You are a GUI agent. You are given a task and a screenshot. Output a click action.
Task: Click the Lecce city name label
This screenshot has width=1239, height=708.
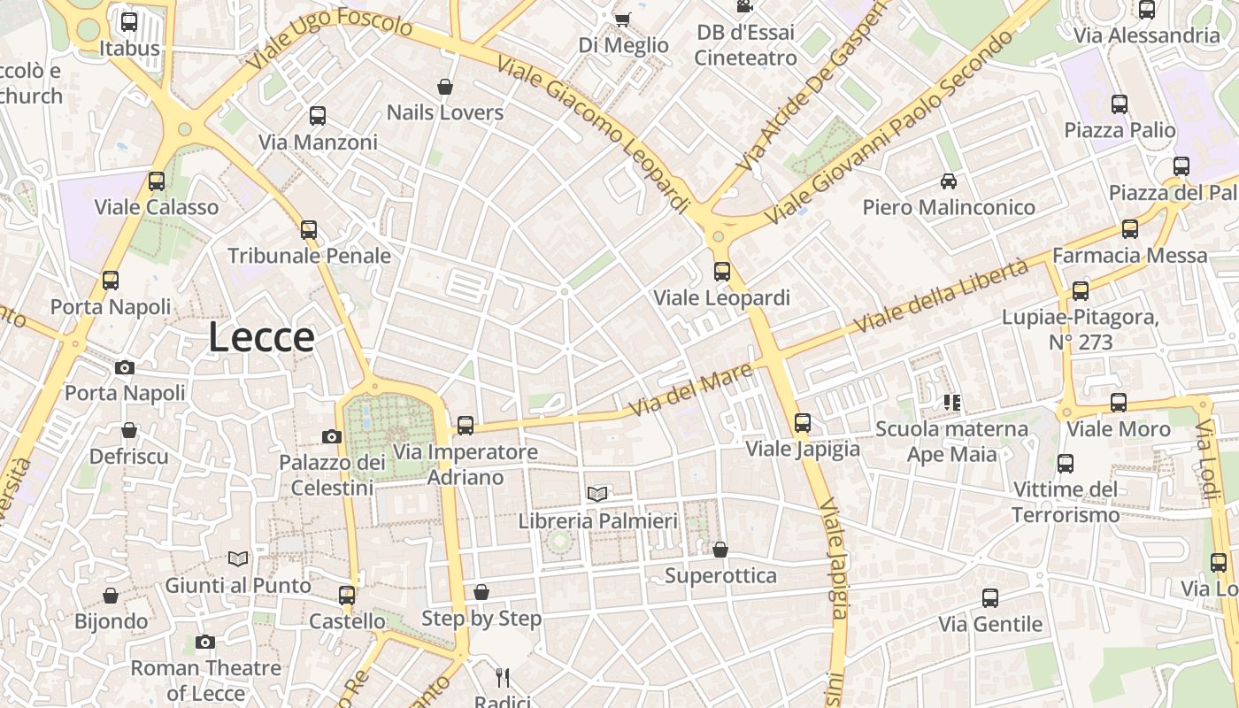[x=261, y=338]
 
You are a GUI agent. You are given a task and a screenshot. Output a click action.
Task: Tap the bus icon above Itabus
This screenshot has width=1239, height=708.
[x=129, y=22]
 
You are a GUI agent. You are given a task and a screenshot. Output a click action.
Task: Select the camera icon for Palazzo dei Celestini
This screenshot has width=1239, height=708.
[x=332, y=436]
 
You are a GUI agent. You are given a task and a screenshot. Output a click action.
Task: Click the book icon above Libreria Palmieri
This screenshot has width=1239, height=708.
[x=597, y=494]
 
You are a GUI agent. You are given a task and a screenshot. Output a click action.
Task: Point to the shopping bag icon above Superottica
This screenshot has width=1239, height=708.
[x=720, y=550]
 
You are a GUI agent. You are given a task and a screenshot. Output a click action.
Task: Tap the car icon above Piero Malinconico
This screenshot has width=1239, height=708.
[x=949, y=181]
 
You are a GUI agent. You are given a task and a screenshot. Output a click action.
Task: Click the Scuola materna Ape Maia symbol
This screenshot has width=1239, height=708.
[x=952, y=404]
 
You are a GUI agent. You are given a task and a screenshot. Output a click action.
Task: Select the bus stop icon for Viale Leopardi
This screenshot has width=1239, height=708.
[x=722, y=272]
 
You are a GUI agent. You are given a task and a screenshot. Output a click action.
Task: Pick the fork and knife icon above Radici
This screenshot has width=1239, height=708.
[x=503, y=678]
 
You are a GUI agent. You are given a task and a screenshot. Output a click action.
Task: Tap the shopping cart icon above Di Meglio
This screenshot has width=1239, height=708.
[x=623, y=19]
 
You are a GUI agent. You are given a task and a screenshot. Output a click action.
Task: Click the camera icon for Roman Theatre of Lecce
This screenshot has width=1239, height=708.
[x=205, y=642]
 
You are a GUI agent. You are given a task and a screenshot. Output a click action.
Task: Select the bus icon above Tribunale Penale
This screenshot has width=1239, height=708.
[x=309, y=230]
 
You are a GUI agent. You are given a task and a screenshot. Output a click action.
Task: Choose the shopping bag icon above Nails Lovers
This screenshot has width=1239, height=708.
[x=445, y=87]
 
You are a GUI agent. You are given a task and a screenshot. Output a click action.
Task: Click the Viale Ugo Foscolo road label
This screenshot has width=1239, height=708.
[x=329, y=40]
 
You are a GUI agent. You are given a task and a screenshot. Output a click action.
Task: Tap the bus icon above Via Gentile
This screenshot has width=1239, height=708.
[x=990, y=598]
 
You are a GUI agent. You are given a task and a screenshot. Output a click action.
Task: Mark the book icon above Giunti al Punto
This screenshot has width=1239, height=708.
[x=237, y=558]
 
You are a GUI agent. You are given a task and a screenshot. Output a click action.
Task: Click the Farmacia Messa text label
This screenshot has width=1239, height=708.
[x=1129, y=256]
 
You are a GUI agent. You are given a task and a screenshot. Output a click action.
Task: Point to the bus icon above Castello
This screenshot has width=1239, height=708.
[x=347, y=596]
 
